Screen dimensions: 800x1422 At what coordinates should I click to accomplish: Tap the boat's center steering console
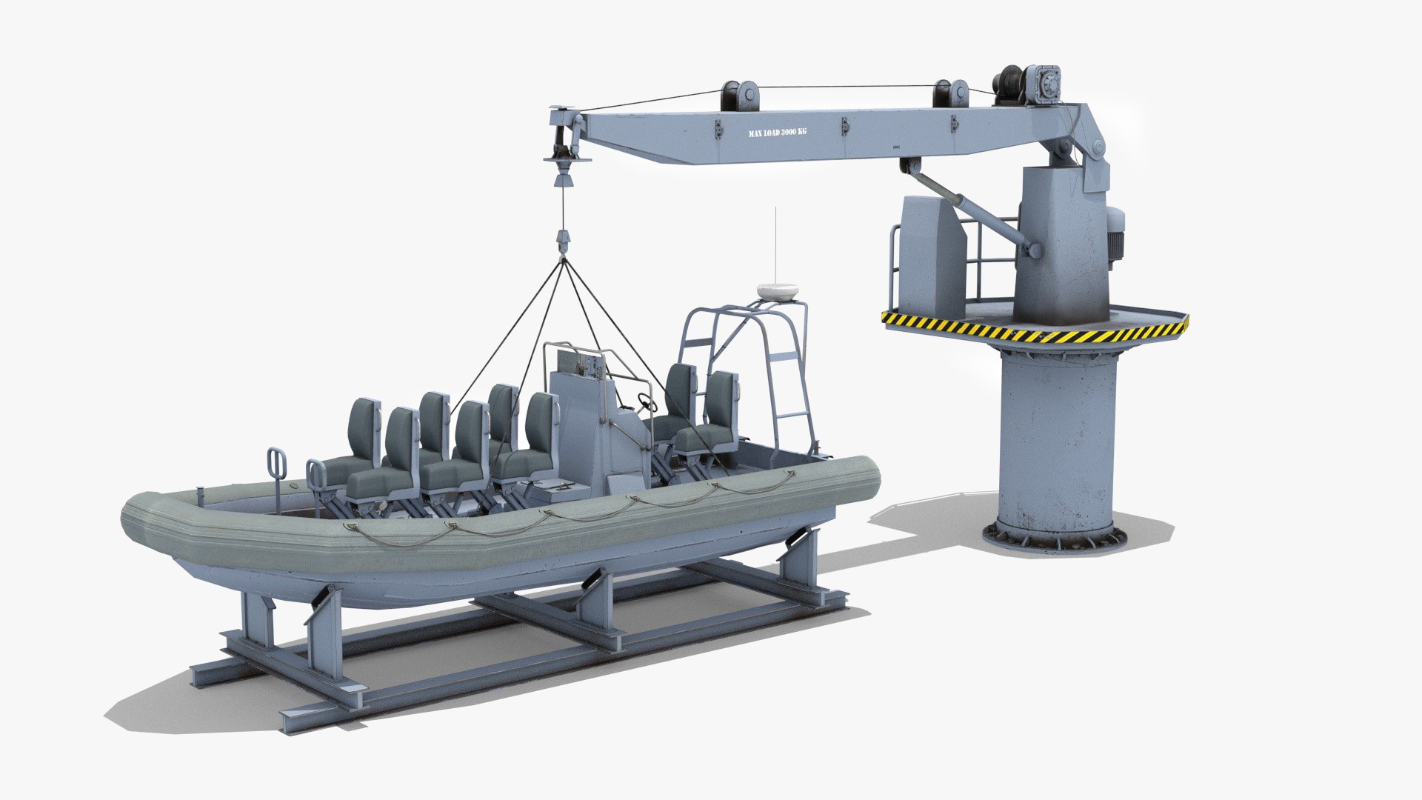(x=592, y=430)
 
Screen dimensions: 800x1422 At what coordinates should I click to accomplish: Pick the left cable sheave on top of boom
(x=738, y=95)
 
